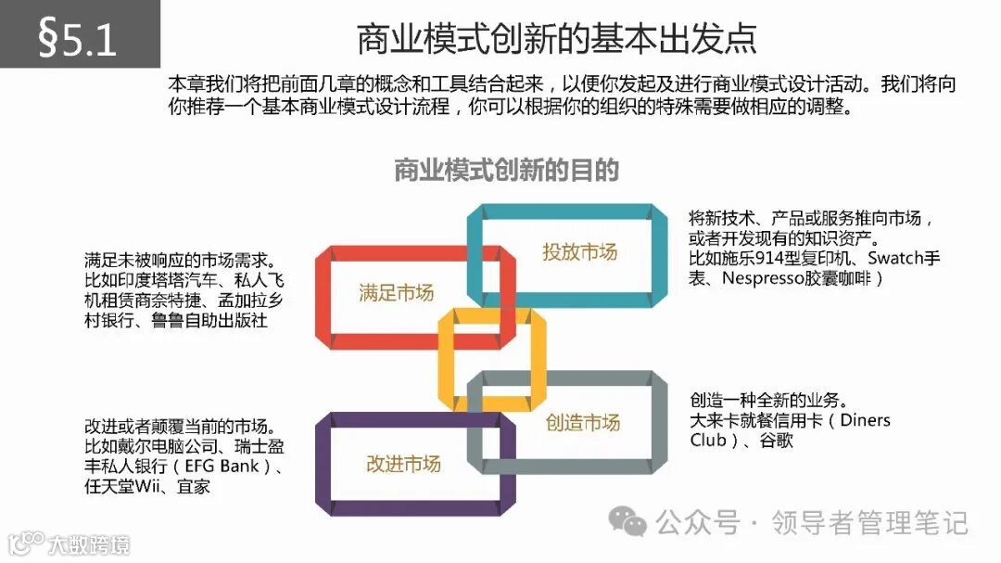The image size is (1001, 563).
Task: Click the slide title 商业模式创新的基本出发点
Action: (x=556, y=39)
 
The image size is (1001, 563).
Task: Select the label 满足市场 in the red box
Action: (x=396, y=293)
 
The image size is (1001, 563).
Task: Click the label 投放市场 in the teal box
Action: (x=579, y=251)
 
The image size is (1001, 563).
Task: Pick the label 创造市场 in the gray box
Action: (x=582, y=423)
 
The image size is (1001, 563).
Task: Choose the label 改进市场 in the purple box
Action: (x=403, y=464)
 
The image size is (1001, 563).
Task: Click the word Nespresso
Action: (x=763, y=278)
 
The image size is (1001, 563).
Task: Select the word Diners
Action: (x=865, y=420)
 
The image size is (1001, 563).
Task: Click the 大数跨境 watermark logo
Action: (x=65, y=544)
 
